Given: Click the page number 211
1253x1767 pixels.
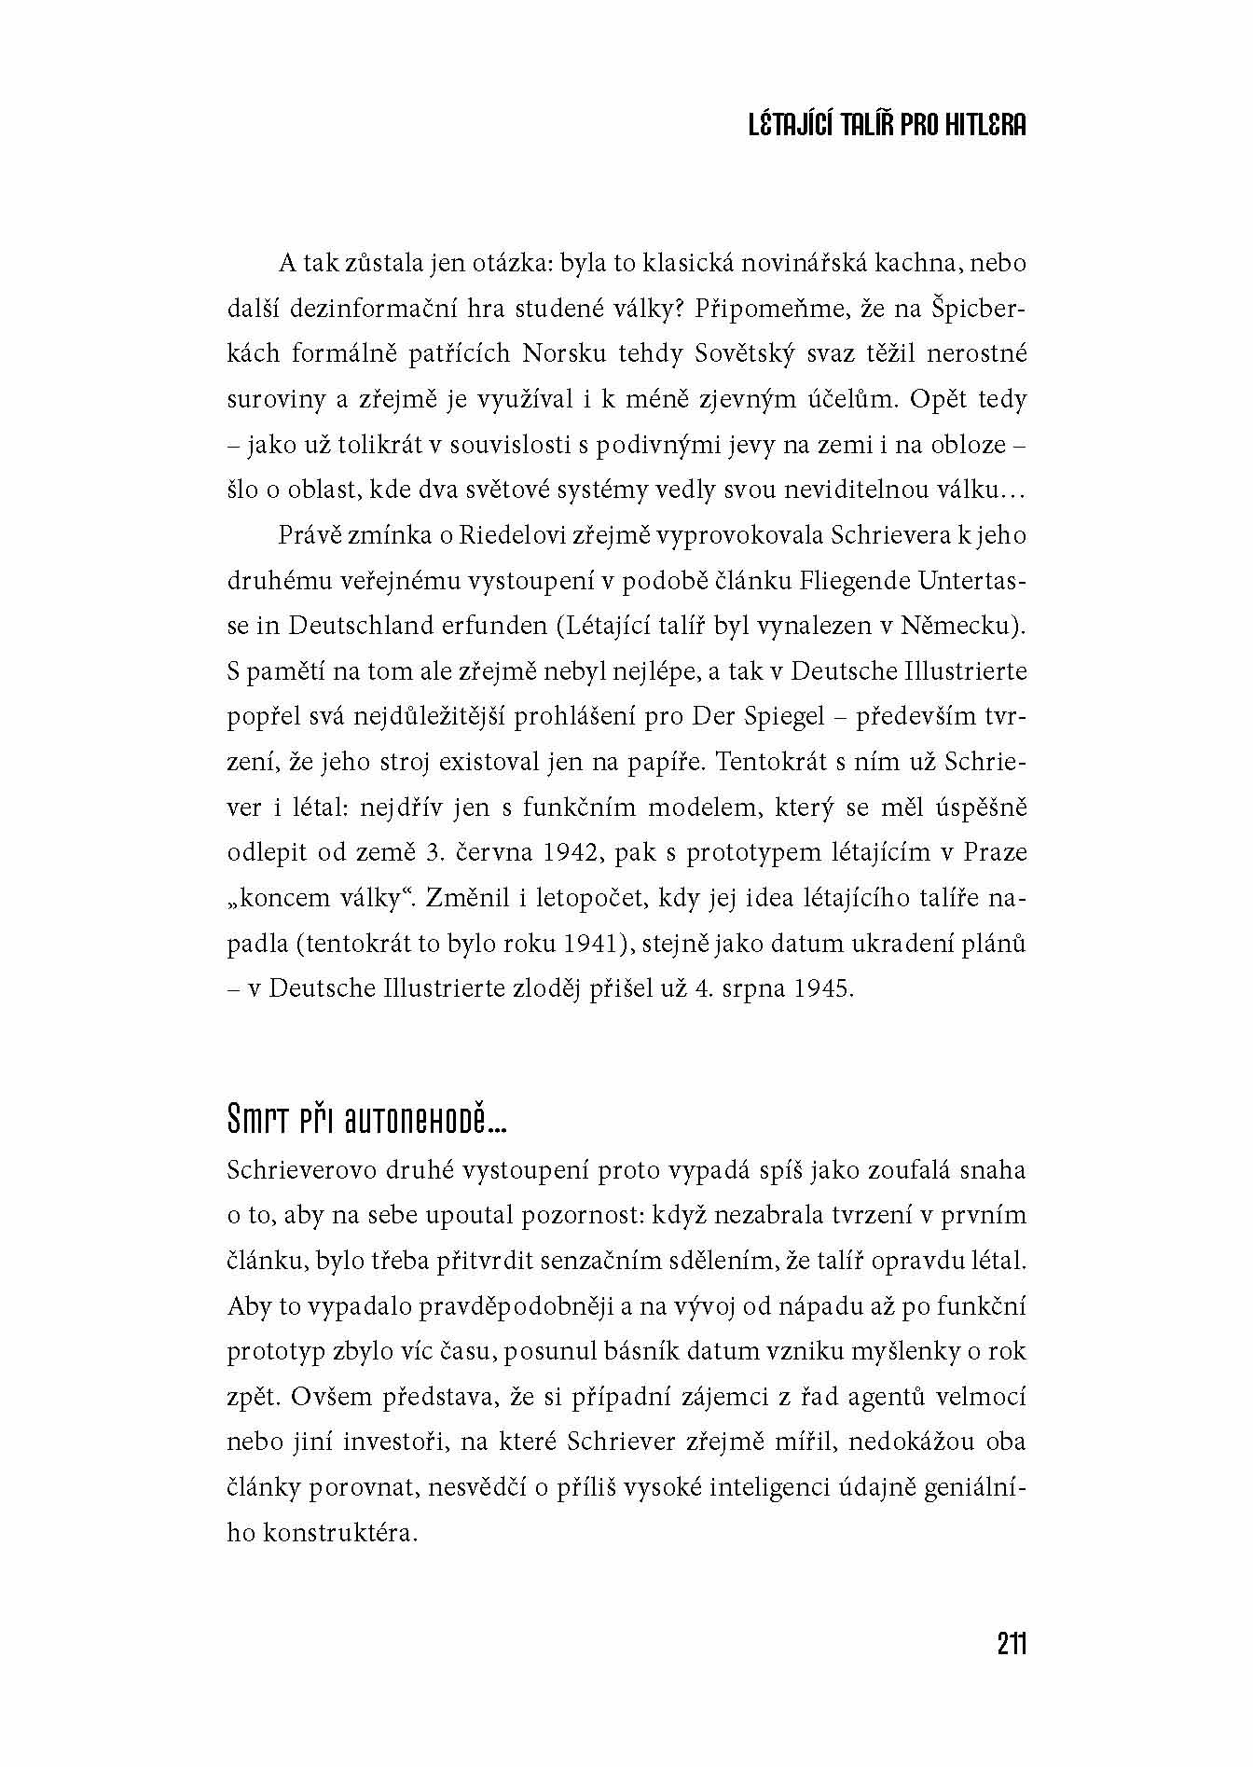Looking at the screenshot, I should (x=1012, y=1643).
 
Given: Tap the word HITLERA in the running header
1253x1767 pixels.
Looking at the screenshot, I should (x=979, y=126).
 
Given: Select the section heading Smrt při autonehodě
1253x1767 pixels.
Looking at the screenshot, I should (x=366, y=1121).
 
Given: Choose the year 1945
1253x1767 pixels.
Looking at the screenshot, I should (x=822, y=988).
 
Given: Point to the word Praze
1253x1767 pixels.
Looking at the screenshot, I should (x=995, y=852).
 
